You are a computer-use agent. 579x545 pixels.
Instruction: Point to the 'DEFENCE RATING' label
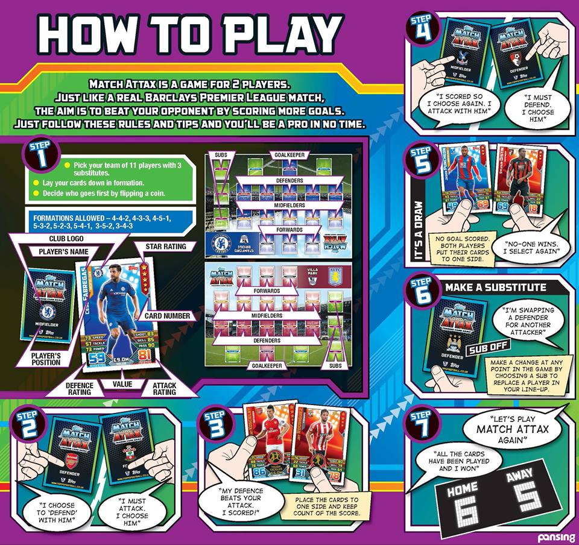[x=80, y=388]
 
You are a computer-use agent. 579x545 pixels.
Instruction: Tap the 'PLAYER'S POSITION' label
[x=46, y=358]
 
